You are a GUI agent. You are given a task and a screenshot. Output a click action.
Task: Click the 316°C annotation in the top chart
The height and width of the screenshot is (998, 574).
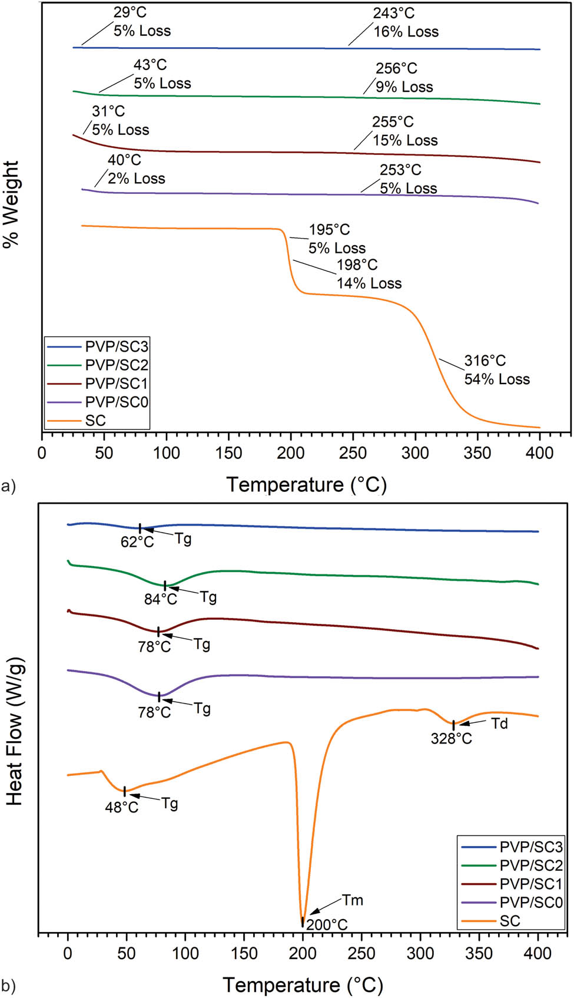click(485, 361)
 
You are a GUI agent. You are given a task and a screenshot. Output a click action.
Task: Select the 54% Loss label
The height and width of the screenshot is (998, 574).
click(497, 379)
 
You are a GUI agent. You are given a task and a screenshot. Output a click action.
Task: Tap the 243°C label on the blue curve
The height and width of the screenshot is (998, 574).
click(393, 13)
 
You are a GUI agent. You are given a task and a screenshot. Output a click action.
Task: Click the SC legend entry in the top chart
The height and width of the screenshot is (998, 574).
click(95, 421)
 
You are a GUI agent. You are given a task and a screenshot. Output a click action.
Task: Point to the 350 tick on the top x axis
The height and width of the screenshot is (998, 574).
click(477, 453)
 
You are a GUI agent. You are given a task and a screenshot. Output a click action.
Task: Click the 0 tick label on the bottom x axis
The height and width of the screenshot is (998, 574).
click(68, 953)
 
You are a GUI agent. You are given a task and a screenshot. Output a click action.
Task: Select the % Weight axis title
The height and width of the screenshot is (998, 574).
click(11, 204)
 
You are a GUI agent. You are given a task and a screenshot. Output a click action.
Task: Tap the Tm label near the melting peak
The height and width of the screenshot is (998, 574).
click(353, 900)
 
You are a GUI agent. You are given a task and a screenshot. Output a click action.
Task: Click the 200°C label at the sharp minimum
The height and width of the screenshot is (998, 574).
click(327, 924)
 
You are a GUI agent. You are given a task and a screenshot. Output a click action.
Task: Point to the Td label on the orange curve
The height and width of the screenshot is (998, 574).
click(499, 723)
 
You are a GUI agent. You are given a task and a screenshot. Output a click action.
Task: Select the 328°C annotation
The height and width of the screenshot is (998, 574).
click(451, 739)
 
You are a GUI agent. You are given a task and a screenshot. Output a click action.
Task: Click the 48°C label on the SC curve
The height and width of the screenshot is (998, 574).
click(122, 807)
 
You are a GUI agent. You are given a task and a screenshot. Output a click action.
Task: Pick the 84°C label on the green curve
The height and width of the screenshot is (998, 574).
click(160, 599)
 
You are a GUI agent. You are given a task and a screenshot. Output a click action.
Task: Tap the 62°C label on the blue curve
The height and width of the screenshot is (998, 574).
click(137, 542)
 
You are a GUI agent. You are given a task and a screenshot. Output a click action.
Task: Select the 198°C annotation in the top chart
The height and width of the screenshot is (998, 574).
click(357, 265)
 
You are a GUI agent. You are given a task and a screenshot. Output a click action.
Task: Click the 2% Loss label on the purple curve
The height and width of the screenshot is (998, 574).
click(136, 179)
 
